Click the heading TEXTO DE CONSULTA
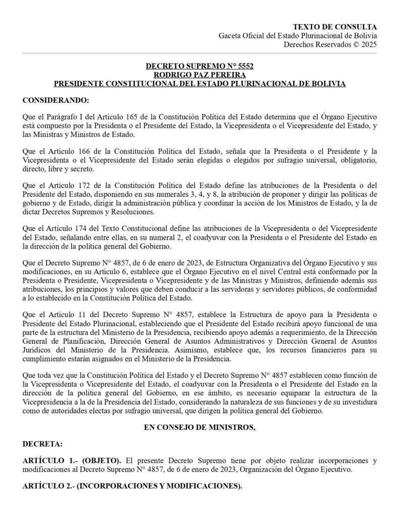335,27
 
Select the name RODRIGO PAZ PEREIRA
199,75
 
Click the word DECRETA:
43,444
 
